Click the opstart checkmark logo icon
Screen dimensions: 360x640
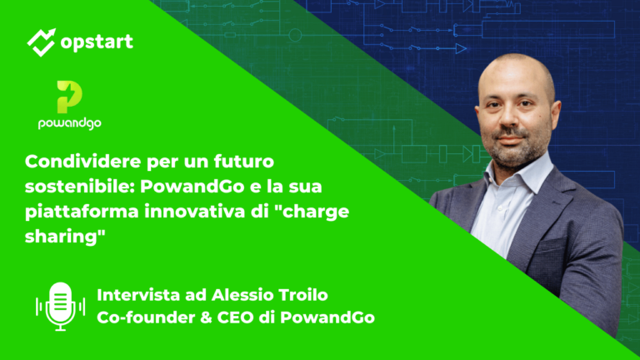[40, 41]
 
